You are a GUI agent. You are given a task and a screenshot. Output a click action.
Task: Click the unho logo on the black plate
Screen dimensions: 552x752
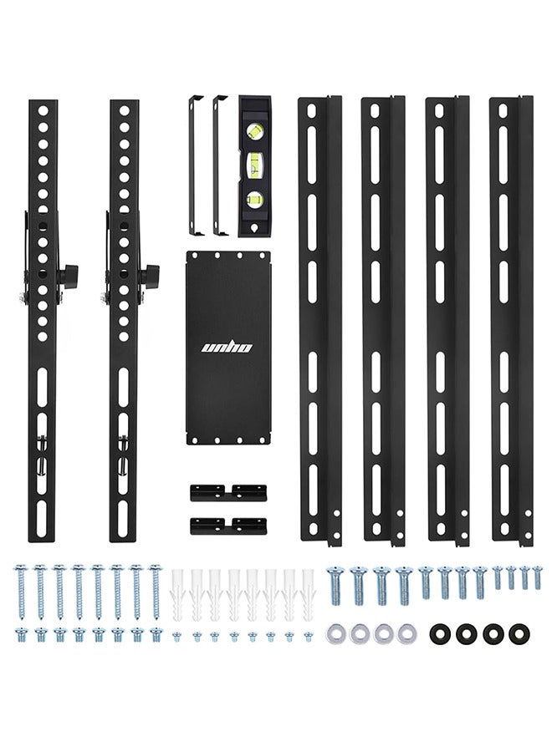pyautogui.click(x=226, y=347)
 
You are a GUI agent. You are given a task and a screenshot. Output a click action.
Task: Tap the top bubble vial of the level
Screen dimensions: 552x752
pyautogui.click(x=255, y=130)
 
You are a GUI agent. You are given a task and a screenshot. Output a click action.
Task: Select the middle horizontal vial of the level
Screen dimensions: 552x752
pyautogui.click(x=255, y=165)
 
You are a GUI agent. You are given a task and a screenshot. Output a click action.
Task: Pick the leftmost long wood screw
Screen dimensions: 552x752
pyautogui.click(x=21, y=591)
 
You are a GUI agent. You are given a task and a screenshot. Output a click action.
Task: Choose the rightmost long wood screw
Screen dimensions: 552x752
pyautogui.click(x=156, y=591)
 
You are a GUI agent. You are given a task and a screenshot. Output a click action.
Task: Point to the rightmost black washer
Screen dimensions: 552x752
pyautogui.click(x=519, y=634)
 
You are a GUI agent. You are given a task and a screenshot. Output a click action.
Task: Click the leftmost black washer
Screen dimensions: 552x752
pyautogui.click(x=440, y=634)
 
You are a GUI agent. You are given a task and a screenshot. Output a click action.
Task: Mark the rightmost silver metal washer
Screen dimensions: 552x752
pyautogui.click(x=407, y=634)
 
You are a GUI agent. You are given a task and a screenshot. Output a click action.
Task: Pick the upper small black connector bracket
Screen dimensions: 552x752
pyautogui.click(x=228, y=492)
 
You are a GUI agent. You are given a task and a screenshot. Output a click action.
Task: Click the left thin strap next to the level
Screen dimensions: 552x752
pyautogui.click(x=194, y=165)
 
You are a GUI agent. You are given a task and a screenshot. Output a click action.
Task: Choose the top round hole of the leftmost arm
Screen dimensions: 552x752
pyautogui.click(x=43, y=111)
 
